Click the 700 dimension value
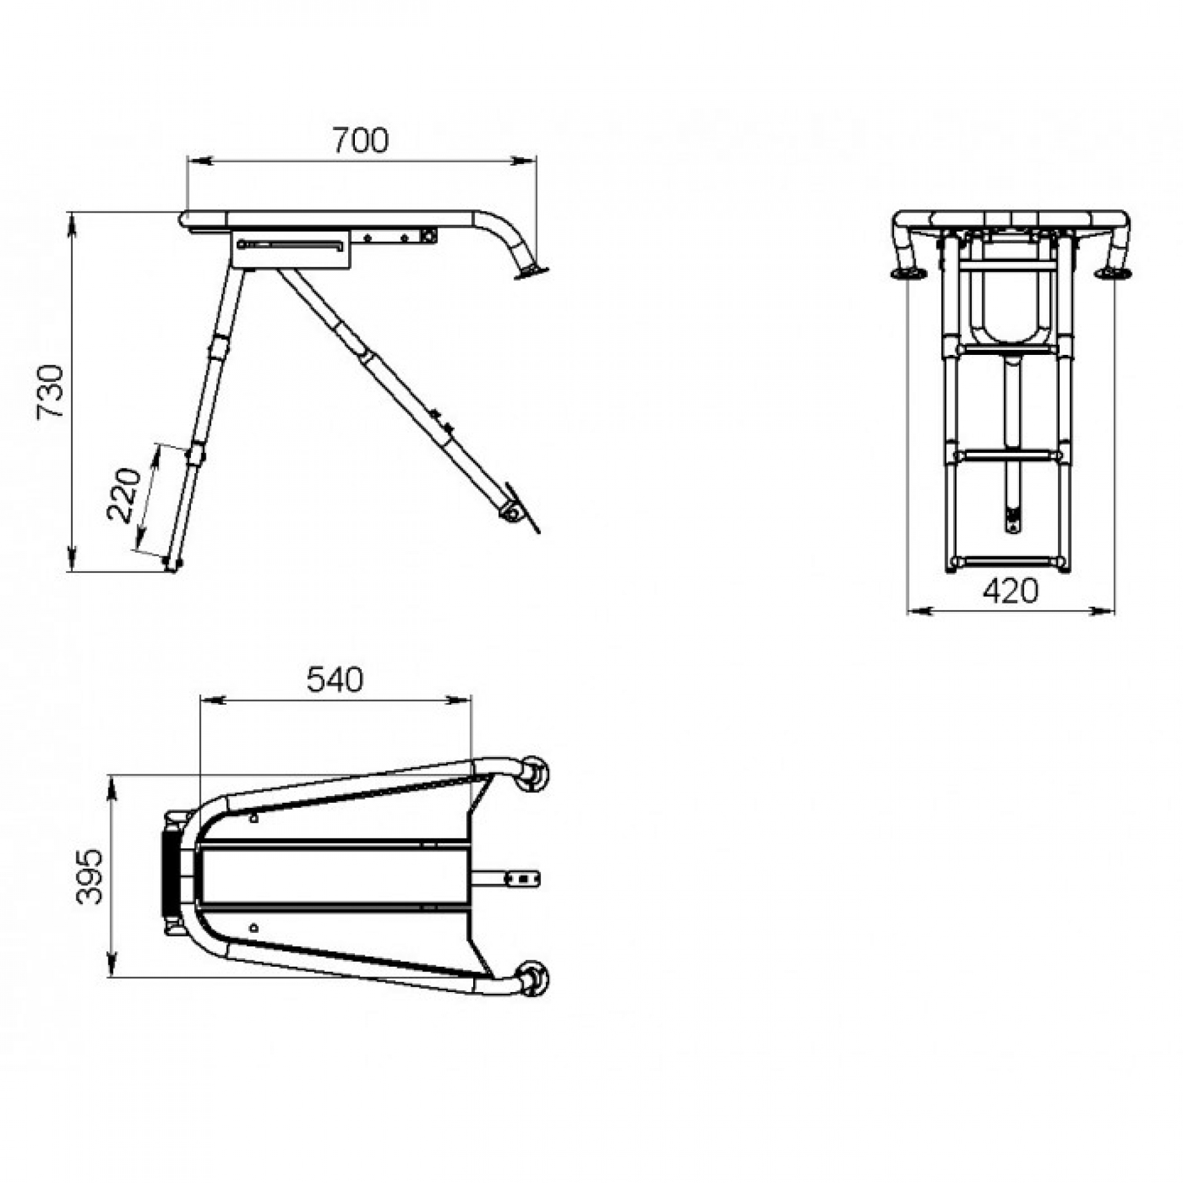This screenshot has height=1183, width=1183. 361,141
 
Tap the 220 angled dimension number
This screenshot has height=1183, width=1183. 124,495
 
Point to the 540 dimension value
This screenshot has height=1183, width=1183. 335,680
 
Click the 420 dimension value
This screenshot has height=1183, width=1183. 1010,591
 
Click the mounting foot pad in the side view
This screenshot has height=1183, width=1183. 531,271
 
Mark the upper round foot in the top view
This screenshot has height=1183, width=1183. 534,774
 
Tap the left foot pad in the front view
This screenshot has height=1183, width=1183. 908,273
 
